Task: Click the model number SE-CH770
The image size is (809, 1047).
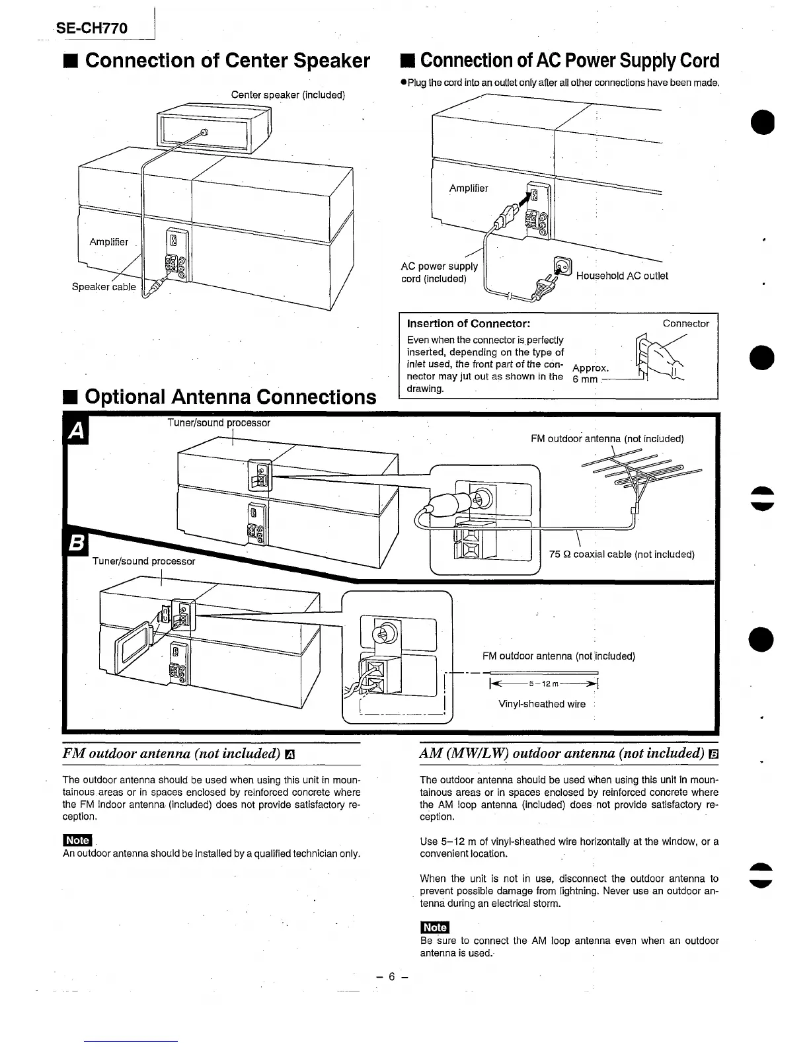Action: [92, 28]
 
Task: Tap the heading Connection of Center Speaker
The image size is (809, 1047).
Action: [220, 61]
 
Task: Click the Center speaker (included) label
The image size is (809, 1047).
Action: [288, 95]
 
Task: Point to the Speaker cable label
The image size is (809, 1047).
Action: [104, 287]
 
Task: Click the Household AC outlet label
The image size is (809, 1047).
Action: [621, 276]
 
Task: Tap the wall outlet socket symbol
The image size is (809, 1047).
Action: [562, 266]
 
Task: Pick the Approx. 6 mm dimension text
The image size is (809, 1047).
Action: [590, 373]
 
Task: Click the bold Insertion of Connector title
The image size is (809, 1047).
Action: [469, 324]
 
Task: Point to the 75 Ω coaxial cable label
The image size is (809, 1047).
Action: [621, 555]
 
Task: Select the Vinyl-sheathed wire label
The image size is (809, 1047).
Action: [541, 704]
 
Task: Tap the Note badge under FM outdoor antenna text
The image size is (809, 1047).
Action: [77, 840]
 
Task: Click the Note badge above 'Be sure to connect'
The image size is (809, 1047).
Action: [434, 927]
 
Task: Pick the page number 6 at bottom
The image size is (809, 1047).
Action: [391, 977]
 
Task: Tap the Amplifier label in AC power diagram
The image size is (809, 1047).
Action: [469, 188]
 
